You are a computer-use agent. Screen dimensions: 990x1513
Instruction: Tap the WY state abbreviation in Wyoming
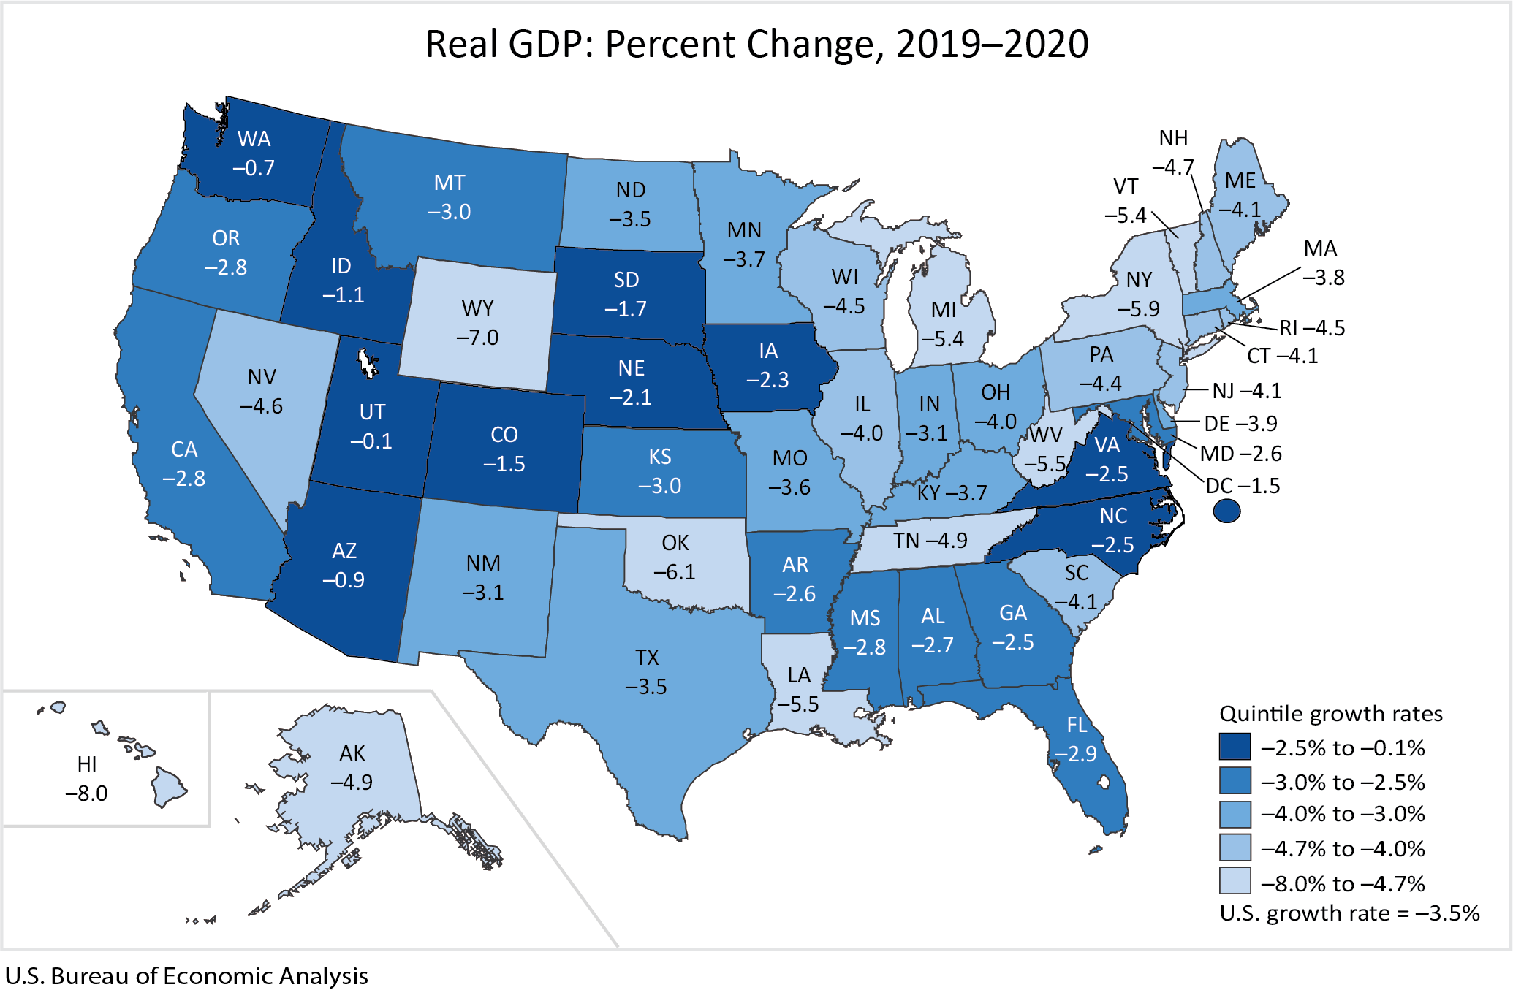(477, 308)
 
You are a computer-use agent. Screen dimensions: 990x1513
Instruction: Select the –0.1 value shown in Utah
(371, 441)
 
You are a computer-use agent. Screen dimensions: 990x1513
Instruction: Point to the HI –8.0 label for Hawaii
(86, 779)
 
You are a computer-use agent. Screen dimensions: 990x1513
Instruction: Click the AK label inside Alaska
(352, 753)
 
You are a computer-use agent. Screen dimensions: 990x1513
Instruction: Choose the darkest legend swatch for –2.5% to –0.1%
(1235, 747)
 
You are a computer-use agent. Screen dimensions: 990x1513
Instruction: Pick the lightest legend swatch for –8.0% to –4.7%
(1235, 881)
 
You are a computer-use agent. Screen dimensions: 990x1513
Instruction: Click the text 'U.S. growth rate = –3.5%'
(1349, 913)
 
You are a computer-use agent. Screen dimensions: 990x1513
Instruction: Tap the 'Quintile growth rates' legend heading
(1331, 714)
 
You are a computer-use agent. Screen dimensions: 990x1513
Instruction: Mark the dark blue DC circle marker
(1226, 511)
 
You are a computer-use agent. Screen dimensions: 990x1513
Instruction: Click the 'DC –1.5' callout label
(1243, 486)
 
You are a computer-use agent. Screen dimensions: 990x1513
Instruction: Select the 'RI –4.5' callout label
(1312, 328)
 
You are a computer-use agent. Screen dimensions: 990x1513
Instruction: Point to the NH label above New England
(1173, 138)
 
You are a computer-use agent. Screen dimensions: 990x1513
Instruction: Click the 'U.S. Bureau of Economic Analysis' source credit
(186, 976)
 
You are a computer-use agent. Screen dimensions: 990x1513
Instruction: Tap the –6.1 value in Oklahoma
(675, 572)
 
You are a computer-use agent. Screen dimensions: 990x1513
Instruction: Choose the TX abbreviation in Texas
(647, 658)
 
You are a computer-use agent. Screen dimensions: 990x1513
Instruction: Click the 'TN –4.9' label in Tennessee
(930, 541)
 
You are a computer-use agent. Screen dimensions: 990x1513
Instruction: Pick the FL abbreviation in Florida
(1077, 725)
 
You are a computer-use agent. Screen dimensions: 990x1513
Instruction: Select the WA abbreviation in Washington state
(254, 139)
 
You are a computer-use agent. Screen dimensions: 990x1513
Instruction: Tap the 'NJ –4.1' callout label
(1246, 391)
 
